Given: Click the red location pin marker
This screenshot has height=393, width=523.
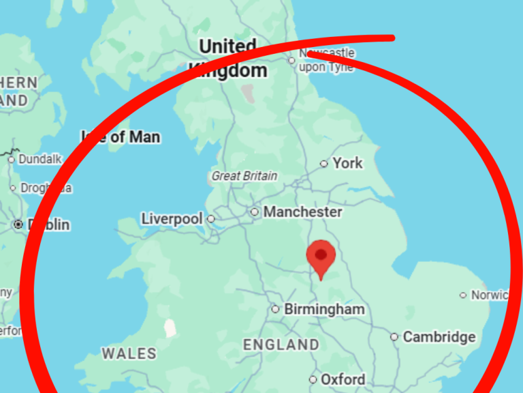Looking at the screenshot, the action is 321,258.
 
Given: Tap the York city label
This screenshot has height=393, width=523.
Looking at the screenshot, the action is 347,163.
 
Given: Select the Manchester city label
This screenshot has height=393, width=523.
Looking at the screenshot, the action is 302,212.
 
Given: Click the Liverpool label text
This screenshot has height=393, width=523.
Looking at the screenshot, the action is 172,219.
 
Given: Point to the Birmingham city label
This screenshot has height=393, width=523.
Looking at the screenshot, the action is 324,309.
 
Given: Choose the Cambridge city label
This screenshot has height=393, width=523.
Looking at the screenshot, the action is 439,336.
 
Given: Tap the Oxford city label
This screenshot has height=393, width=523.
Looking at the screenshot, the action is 343,379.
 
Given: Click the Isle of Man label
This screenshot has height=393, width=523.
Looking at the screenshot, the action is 121,137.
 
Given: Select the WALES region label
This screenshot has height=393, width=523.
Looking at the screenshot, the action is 129,353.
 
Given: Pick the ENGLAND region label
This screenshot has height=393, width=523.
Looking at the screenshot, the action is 281,345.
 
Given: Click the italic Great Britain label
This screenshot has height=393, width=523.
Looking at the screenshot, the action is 244,176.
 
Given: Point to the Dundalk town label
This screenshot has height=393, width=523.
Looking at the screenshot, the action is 39,159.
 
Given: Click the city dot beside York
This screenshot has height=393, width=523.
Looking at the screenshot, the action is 324,164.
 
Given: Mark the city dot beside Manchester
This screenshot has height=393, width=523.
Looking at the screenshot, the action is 255,212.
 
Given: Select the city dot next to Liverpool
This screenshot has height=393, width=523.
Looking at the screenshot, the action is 211,219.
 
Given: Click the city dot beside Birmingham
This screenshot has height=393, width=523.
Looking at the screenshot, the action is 275,309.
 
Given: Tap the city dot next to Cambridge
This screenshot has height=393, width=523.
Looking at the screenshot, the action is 394,337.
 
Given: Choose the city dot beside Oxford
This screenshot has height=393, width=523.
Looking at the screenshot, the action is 313,379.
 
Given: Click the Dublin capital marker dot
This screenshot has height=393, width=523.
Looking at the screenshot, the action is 18,224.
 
